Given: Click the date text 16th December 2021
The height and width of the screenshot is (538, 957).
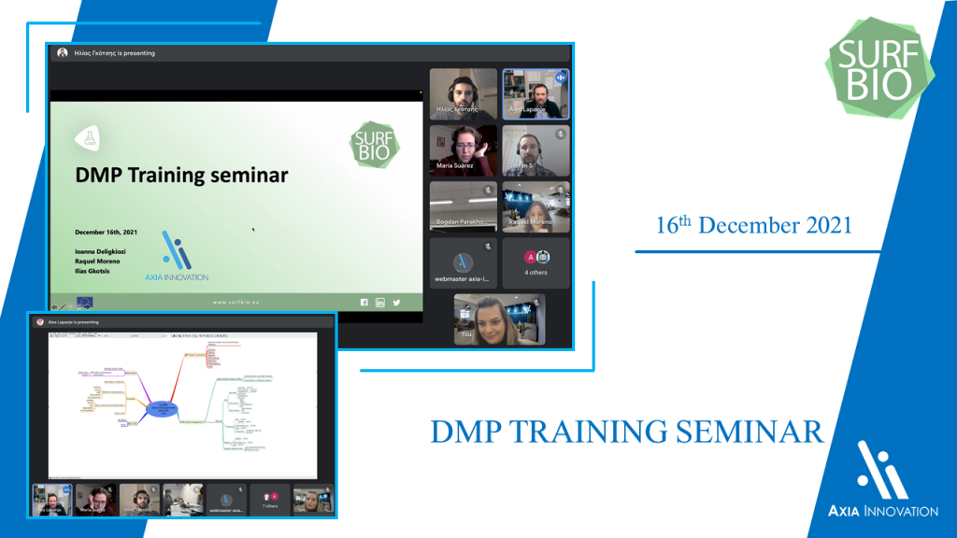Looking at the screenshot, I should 753,226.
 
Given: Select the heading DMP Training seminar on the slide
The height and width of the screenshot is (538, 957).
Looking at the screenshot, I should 181,175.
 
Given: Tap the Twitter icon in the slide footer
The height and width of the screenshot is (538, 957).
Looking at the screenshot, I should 396,302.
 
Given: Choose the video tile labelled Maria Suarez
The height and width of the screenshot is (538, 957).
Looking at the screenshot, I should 463,149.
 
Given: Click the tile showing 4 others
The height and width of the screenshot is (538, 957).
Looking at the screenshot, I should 536,262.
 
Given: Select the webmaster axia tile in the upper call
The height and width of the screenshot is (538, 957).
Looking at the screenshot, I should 463,262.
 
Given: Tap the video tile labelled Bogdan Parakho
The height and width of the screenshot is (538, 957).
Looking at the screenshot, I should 463,205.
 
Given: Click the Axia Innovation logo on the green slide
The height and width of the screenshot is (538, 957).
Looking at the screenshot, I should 176,257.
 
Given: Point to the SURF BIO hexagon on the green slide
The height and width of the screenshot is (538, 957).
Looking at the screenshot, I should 374,143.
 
